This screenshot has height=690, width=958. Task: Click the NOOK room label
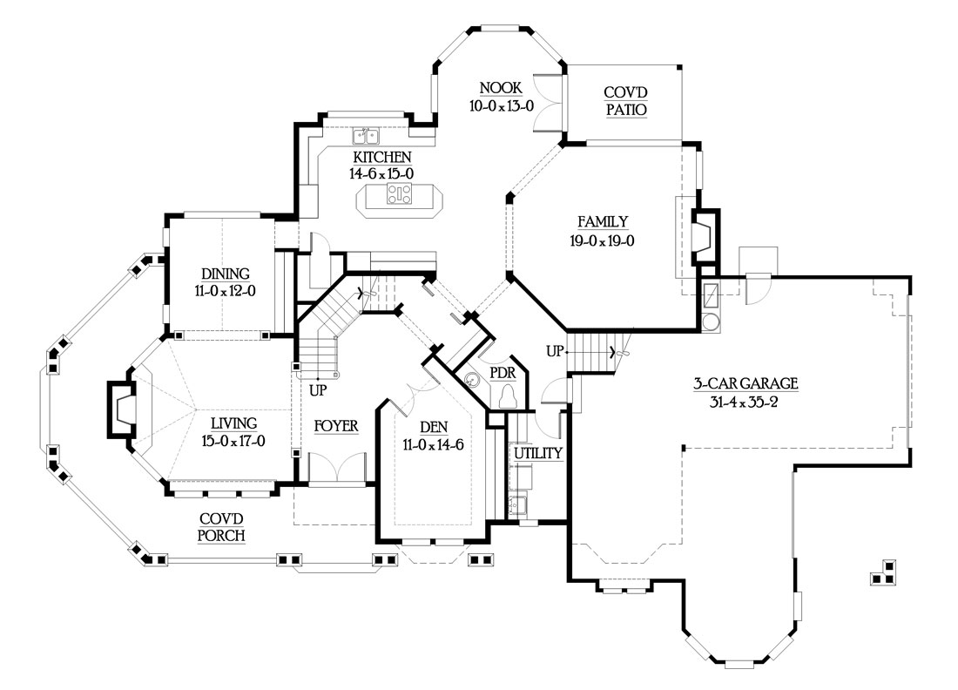coord(500,87)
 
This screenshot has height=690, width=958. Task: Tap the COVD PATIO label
coord(624,101)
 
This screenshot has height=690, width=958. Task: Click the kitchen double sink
coord(365,136)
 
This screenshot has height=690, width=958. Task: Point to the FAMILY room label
coord(602,221)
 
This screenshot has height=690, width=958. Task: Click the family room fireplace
coord(704,235)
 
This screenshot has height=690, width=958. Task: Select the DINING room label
coord(225,274)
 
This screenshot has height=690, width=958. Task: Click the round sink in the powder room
coord(473,381)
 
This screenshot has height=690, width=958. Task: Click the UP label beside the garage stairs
coord(554,351)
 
